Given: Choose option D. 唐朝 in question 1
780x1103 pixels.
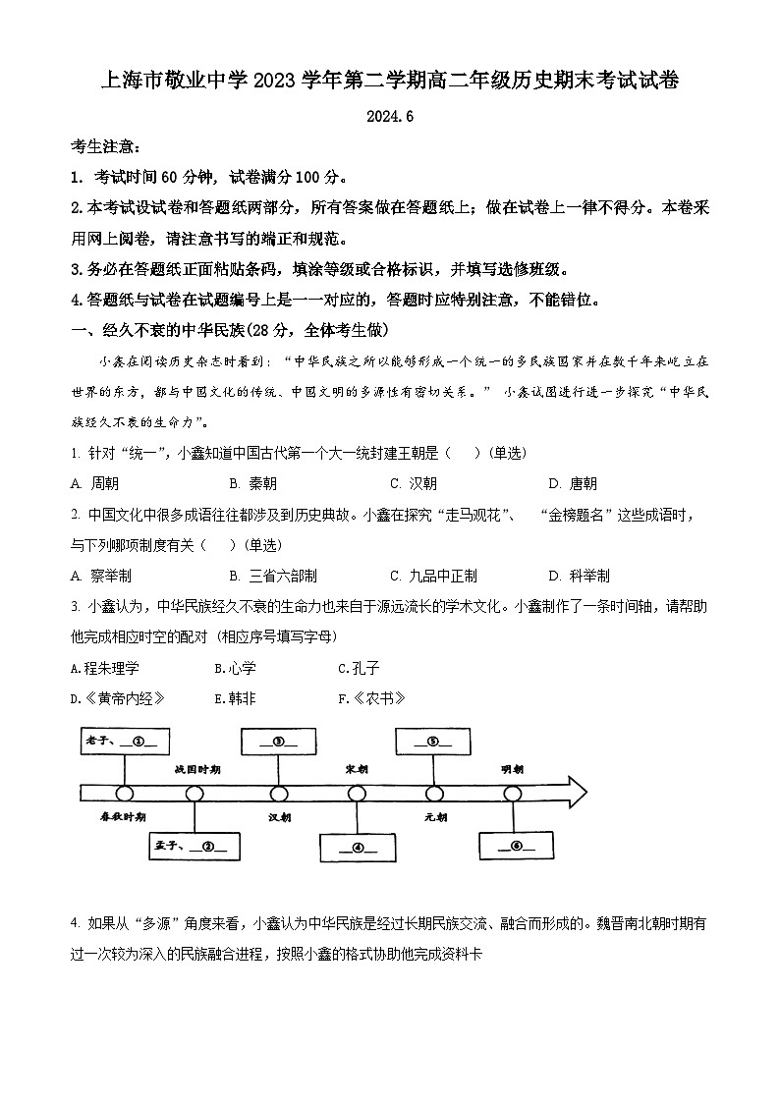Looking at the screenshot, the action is [573, 483].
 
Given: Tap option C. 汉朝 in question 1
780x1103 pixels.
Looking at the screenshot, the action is [414, 483].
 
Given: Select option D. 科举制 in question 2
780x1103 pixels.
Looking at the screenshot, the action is [579, 576].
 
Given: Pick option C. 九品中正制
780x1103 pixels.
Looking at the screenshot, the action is [433, 576].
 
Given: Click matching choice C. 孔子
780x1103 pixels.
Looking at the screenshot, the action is [359, 669].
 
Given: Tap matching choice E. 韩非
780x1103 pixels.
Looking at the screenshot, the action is [235, 699].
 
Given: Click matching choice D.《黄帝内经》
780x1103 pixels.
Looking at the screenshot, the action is [117, 699].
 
